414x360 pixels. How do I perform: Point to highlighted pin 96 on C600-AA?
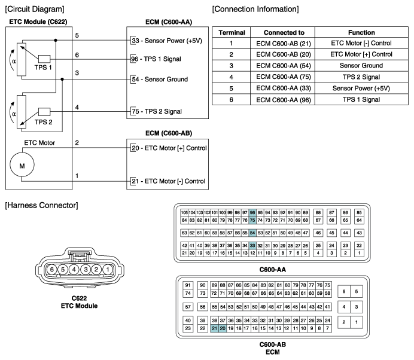pos(252,212)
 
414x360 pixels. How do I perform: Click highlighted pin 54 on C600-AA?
pos(252,232)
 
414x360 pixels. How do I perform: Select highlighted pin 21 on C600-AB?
pos(214,328)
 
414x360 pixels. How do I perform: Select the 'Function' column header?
pos(361,32)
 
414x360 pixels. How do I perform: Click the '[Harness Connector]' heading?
pos(40,205)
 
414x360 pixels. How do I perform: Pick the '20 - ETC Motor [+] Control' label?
pos(166,147)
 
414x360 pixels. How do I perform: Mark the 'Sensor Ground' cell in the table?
pos(361,65)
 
